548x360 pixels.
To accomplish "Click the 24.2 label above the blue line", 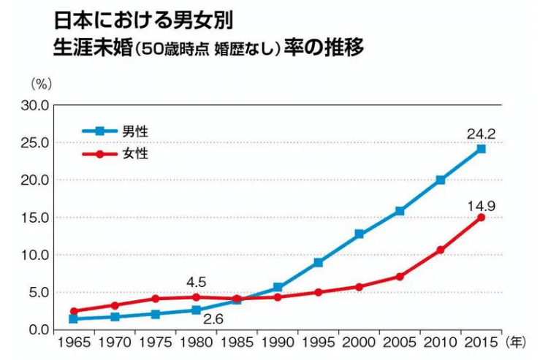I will [x=481, y=134].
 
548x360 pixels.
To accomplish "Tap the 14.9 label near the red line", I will [x=482, y=207].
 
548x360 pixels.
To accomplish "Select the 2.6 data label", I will [x=213, y=320].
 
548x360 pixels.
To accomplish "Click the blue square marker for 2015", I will [x=481, y=149].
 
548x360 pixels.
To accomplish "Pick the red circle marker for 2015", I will [x=481, y=218].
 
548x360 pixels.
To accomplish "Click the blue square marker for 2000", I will [x=359, y=234].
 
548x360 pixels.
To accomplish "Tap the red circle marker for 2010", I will [x=441, y=250].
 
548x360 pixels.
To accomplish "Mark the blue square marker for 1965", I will [x=74, y=319].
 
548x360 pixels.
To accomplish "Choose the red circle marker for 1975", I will [x=155, y=299].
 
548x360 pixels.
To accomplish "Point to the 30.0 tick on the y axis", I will [x=35, y=105].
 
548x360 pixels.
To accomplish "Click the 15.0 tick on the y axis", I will [x=35, y=218].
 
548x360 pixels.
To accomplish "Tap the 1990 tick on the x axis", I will [x=278, y=342].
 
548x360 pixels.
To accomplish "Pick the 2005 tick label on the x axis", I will [x=400, y=342].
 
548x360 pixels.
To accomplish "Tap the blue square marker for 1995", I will [x=319, y=262].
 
